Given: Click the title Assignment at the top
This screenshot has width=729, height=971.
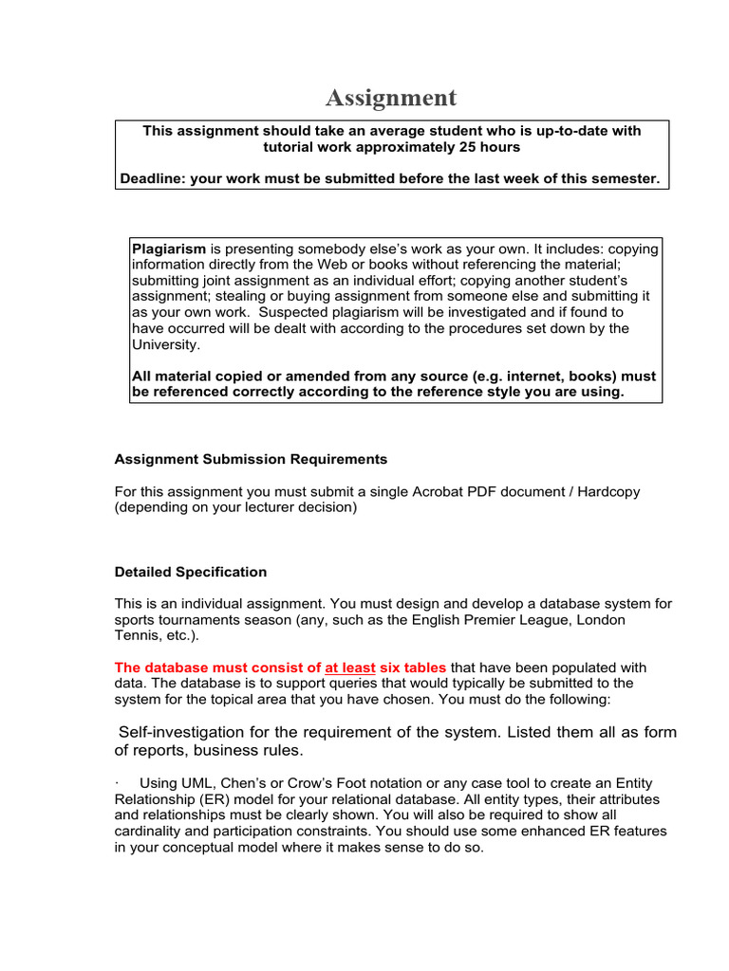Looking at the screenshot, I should click(391, 98).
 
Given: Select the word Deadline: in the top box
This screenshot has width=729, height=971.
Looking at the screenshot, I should click(151, 177).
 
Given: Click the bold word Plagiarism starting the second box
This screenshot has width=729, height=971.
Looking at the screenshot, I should click(168, 248).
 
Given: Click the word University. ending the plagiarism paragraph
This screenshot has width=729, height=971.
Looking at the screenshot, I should click(163, 345).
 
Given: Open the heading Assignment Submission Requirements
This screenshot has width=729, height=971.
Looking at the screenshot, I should click(251, 459).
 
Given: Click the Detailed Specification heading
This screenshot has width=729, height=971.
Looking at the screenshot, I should click(191, 572).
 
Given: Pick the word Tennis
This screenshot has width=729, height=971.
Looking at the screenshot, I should click(137, 635).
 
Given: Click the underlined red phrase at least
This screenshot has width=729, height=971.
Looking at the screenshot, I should click(350, 668).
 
